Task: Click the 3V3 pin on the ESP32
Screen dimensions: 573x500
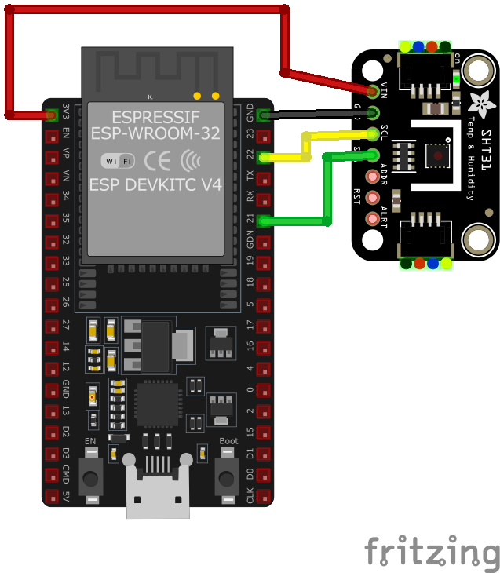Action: pyautogui.click(x=52, y=115)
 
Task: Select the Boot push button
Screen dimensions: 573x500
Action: pyautogui.click(x=228, y=475)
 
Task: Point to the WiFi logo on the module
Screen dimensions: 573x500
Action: pyautogui.click(x=118, y=161)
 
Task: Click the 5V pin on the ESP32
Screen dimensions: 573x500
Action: pyautogui.click(x=52, y=497)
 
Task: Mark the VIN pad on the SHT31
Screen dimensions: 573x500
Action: pyautogui.click(x=373, y=91)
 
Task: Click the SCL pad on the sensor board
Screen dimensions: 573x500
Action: pyautogui.click(x=373, y=133)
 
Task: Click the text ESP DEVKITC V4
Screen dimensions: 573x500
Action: pyautogui.click(x=155, y=185)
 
